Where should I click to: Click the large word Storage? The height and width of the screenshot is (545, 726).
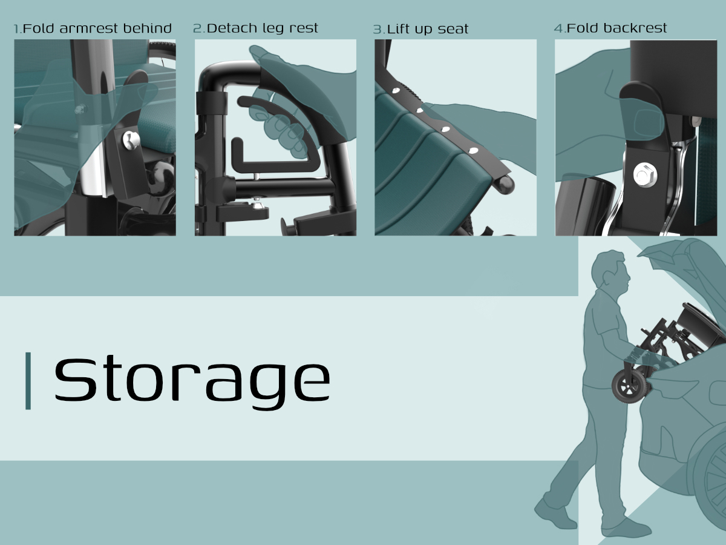point(192,382)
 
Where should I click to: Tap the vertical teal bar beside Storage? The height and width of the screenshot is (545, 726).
point(28,381)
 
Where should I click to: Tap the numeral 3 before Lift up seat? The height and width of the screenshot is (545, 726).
point(378,30)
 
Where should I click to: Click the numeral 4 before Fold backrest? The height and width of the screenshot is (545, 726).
point(558,28)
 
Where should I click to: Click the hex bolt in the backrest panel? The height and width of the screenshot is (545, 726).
point(646,175)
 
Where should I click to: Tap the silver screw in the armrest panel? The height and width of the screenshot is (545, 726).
point(131,140)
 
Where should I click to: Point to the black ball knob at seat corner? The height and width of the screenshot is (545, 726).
point(505,185)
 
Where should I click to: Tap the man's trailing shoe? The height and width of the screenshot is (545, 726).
point(555,515)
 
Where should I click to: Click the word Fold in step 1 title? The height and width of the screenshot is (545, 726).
point(38,28)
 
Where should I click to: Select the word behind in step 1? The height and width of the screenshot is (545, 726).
point(148,28)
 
